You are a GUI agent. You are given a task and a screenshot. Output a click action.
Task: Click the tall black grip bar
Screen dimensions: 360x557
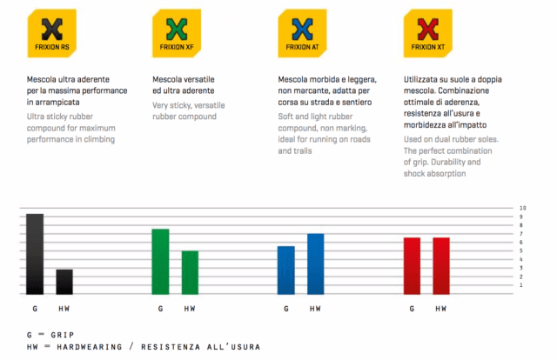click(x=35, y=253)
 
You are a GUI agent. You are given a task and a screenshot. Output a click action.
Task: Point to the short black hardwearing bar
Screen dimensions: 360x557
click(x=64, y=281)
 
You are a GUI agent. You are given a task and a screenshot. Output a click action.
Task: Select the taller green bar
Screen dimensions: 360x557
click(x=160, y=261)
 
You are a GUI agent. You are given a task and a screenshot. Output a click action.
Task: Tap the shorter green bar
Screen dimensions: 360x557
click(x=190, y=271)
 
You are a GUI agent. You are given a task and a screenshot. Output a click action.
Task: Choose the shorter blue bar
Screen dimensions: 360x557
click(x=286, y=270)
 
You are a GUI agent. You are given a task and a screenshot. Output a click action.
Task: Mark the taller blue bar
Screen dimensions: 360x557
click(x=315, y=263)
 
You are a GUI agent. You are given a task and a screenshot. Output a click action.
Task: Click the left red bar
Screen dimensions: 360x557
click(x=412, y=265)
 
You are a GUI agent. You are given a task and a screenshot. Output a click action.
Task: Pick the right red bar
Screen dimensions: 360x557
click(x=441, y=265)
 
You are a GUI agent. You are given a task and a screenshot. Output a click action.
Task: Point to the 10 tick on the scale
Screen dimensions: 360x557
click(x=523, y=209)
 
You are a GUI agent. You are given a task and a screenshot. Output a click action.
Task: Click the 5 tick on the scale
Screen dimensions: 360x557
click(x=522, y=251)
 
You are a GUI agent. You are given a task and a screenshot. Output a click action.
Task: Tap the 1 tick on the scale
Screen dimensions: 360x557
click(x=522, y=285)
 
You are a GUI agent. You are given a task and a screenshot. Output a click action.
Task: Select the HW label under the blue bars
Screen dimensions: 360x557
click(x=315, y=309)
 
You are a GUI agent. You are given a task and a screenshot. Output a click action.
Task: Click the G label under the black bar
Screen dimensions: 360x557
click(x=34, y=309)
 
